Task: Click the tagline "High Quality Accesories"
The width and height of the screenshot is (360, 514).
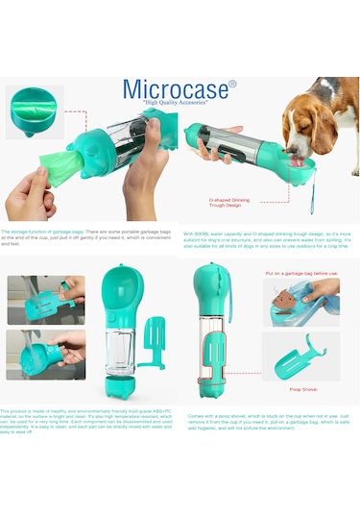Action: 181,104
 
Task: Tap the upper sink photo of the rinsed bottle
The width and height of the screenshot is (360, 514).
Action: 46,300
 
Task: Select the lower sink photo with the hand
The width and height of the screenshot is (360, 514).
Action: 46,355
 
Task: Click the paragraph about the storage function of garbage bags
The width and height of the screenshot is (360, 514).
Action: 88,239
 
